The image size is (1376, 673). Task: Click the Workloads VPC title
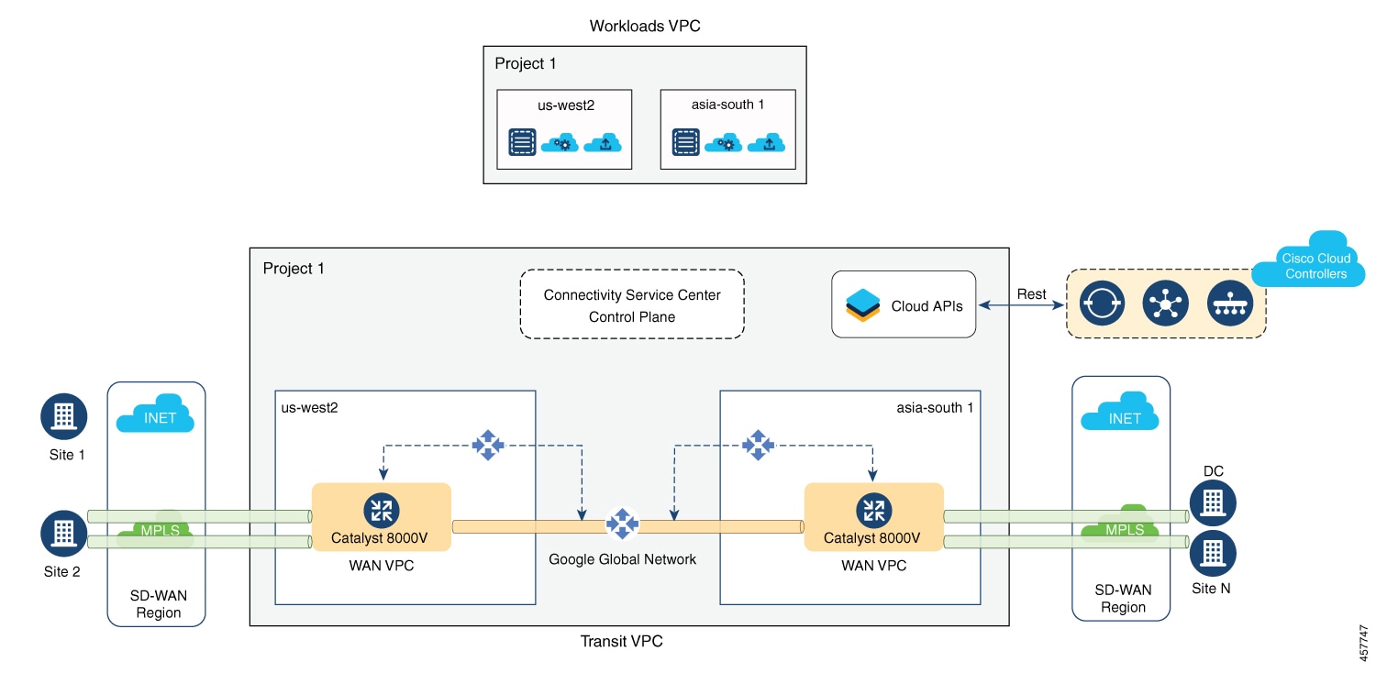(645, 26)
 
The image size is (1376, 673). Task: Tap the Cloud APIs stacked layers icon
(862, 305)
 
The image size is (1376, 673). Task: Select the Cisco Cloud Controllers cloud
(1315, 261)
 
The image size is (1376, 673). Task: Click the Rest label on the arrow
(1031, 294)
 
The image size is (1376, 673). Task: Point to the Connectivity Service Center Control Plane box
(632, 305)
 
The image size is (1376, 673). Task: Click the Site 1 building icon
(63, 416)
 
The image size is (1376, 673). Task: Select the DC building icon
(1213, 502)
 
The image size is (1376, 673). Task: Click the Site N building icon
(1213, 553)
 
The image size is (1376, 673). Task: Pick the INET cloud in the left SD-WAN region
(155, 414)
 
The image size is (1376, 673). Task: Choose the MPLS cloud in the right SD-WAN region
(1124, 524)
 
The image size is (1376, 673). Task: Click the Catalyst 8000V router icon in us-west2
(381, 510)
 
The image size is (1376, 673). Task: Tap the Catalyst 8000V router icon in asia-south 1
(873, 510)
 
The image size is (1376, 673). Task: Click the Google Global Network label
(622, 558)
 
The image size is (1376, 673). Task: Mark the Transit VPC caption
(621, 642)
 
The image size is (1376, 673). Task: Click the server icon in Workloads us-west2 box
(522, 143)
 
